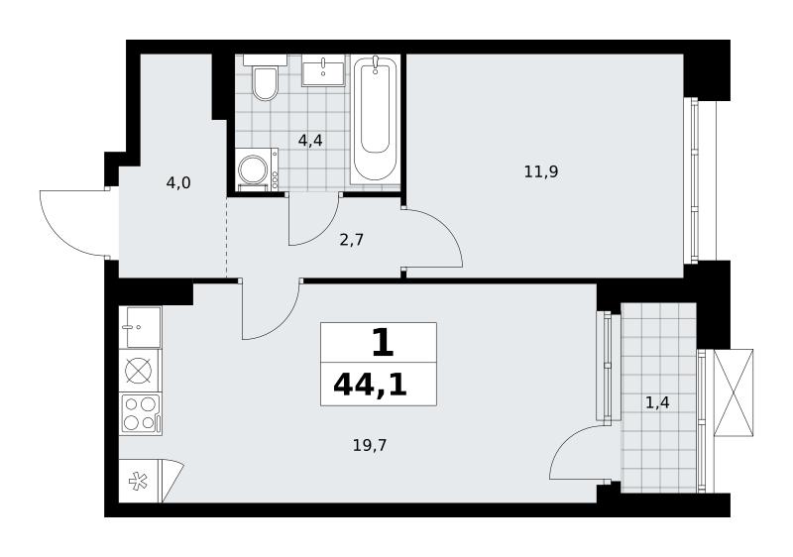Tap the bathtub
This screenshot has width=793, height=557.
point(375,119)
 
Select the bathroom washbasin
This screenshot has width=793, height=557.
point(324,70)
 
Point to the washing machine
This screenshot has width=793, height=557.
point(257,169)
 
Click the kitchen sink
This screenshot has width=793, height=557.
point(141,327)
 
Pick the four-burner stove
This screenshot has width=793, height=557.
point(141,414)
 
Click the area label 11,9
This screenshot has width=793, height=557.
point(540,172)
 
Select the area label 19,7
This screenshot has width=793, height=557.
point(370,445)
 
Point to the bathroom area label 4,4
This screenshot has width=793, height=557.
point(310,141)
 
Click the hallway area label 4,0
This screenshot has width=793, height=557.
point(178,182)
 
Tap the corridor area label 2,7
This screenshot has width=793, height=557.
point(352,240)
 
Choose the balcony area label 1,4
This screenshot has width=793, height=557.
point(657,402)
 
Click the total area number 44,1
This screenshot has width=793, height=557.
point(370,387)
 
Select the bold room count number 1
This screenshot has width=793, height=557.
point(383,343)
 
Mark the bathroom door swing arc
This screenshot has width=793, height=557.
point(324,230)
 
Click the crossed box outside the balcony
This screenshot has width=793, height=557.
point(734,392)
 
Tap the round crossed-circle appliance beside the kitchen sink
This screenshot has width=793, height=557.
point(138,371)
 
